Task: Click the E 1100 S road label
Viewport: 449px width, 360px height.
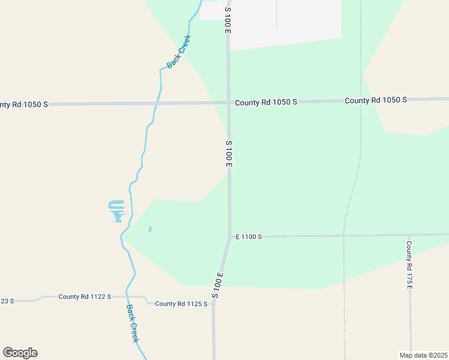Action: click(x=249, y=237)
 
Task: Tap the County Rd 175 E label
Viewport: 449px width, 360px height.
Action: click(x=409, y=265)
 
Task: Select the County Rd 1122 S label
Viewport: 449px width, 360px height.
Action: click(x=85, y=297)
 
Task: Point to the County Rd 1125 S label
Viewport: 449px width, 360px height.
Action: click(x=181, y=304)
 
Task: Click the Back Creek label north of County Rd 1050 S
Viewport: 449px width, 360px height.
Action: click(x=178, y=51)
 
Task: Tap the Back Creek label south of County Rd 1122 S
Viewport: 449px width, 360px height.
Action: click(x=133, y=323)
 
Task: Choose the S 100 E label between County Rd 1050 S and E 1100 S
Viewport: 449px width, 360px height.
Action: click(x=229, y=154)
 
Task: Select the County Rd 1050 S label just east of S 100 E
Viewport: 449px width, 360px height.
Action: click(x=266, y=103)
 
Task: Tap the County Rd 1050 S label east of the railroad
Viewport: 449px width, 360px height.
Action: click(x=376, y=100)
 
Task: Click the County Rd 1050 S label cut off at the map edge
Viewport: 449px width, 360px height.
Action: click(x=22, y=104)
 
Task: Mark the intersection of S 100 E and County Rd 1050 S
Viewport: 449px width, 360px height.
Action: click(x=229, y=103)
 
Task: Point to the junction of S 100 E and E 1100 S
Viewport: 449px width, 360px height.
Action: click(x=229, y=236)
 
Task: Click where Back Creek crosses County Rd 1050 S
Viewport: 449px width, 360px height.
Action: click(x=158, y=103)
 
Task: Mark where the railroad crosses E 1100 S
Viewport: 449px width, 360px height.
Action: click(x=344, y=235)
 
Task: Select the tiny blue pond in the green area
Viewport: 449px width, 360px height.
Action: click(x=149, y=229)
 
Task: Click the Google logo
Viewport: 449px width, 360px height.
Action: click(x=20, y=353)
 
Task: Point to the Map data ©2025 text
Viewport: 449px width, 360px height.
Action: click(x=423, y=355)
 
